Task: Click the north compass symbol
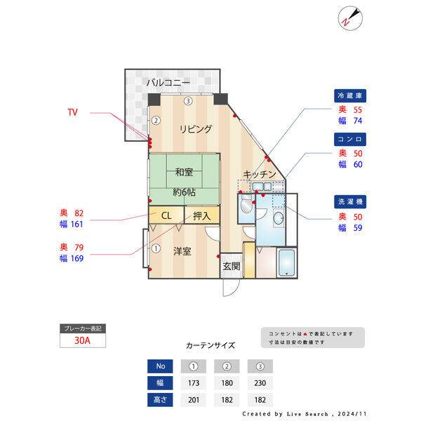tap(350, 18)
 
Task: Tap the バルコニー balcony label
tap(168, 82)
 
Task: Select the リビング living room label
tap(196, 129)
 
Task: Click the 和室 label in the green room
tap(184, 172)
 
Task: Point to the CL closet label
tap(166, 215)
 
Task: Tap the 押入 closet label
tap(201, 216)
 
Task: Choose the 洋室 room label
tap(182, 251)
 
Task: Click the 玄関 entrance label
tap(232, 266)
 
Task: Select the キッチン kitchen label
tap(260, 174)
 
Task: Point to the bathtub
tap(286, 262)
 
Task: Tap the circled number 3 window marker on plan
tap(188, 101)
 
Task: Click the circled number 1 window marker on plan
tap(156, 248)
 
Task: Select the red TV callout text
tap(72, 112)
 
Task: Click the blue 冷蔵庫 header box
tap(350, 95)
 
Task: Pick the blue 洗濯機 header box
tap(350, 201)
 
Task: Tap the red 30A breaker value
tap(82, 340)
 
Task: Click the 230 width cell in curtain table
tap(260, 383)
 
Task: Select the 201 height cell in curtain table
tap(194, 400)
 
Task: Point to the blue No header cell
tap(160, 366)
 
